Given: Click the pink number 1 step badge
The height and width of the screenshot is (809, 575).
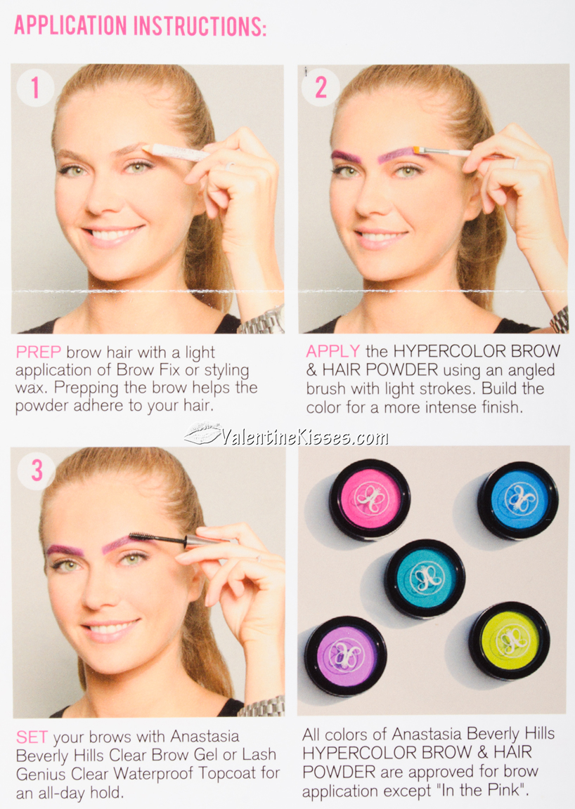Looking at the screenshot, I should [35, 88].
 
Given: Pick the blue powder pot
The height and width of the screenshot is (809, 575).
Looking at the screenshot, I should [518, 500].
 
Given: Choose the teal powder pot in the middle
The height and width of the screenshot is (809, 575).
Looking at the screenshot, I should [425, 578].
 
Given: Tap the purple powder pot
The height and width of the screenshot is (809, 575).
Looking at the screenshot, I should [345, 655].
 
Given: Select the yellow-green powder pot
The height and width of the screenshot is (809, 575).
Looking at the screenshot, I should [509, 640].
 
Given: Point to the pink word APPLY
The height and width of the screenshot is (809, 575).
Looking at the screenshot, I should [333, 351].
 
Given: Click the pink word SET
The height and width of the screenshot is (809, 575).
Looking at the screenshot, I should [32, 737].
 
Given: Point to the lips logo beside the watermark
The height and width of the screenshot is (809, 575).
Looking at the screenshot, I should [202, 435].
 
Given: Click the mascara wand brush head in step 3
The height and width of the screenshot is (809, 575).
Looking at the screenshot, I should [146, 537].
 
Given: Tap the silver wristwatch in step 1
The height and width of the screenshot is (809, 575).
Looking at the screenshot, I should [261, 320].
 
